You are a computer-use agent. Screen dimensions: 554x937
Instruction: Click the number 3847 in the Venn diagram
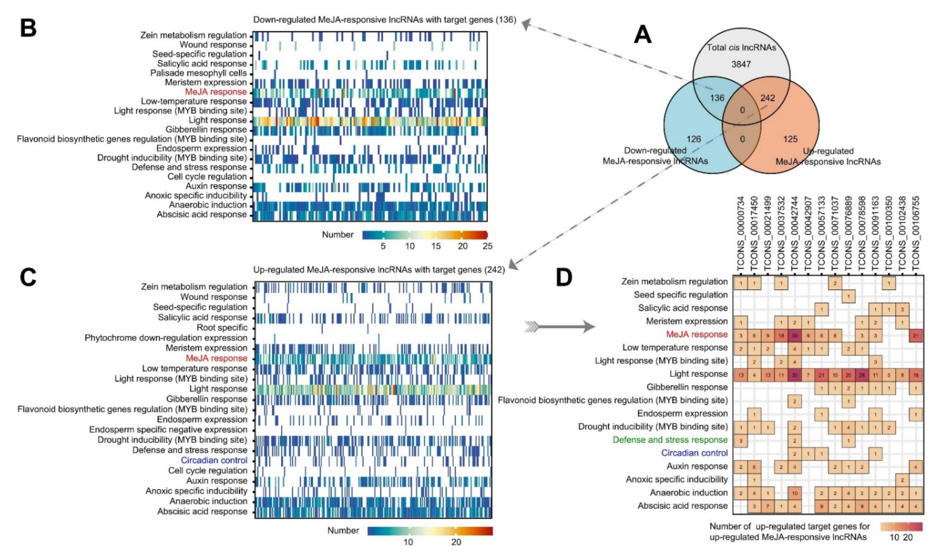point(741,64)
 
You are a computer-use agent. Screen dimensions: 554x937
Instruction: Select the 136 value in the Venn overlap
point(717,98)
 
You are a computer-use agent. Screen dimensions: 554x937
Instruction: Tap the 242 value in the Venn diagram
point(768,98)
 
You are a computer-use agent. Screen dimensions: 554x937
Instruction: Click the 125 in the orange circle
point(790,139)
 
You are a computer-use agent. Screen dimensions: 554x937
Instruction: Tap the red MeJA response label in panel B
point(216,92)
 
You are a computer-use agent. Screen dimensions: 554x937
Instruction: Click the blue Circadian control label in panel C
point(214,460)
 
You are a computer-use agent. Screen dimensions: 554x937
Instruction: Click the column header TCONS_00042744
point(795,236)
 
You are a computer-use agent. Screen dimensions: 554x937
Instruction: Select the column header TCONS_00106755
point(916,236)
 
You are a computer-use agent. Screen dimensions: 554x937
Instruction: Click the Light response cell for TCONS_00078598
point(862,375)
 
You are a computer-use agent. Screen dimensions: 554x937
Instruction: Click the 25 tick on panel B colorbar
point(487,246)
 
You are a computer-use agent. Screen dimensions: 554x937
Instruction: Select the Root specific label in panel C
point(222,328)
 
